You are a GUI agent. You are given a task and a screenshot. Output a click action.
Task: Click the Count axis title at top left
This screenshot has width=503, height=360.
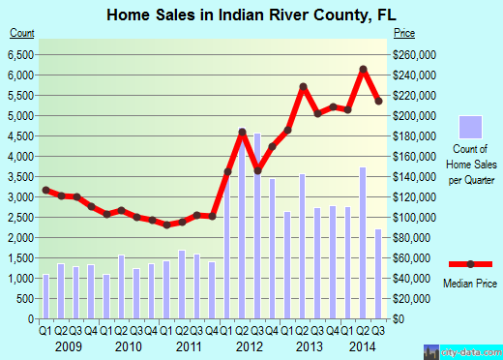click(22, 33)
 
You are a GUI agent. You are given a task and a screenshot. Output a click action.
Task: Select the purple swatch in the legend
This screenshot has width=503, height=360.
click(470, 128)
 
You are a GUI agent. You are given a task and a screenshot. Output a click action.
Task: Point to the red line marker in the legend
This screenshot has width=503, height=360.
click(470, 264)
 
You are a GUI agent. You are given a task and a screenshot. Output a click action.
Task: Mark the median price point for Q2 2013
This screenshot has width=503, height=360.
click(303, 87)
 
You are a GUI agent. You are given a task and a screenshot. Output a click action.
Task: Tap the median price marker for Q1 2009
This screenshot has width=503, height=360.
click(45, 190)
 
